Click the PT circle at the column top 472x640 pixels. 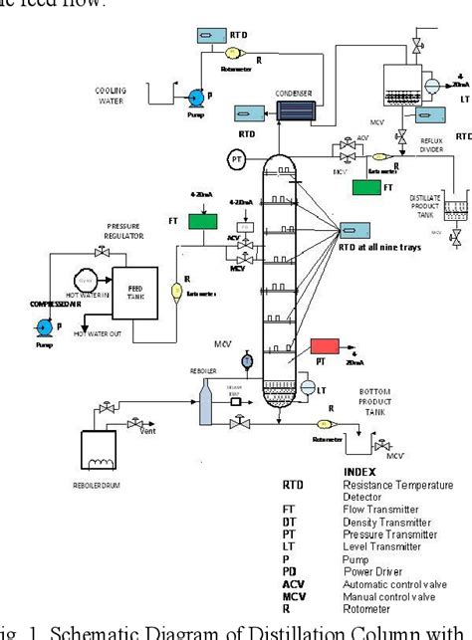point(236,158)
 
